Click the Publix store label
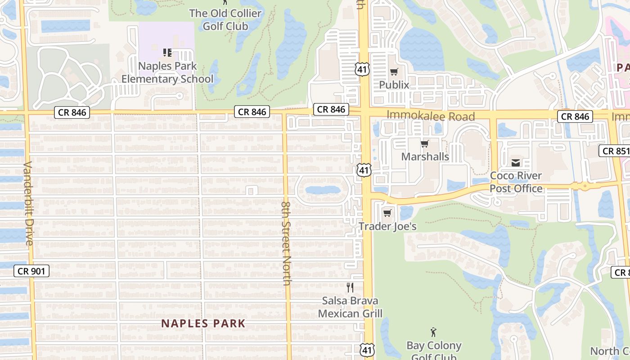click(394, 85)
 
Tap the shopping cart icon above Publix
click(394, 72)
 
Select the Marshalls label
click(425, 157)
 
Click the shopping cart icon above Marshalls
click(424, 144)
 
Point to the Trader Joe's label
click(387, 226)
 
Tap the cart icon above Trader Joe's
click(387, 213)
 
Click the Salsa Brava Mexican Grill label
click(350, 307)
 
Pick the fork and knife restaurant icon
click(350, 287)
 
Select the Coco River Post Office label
click(516, 182)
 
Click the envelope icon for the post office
click(516, 162)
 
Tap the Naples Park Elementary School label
click(167, 72)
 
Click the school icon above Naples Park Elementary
click(167, 53)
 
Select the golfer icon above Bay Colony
click(433, 332)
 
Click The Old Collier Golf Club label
click(225, 19)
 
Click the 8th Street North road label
click(287, 243)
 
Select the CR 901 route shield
click(31, 271)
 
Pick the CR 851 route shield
click(615, 151)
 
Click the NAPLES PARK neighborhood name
click(203, 323)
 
